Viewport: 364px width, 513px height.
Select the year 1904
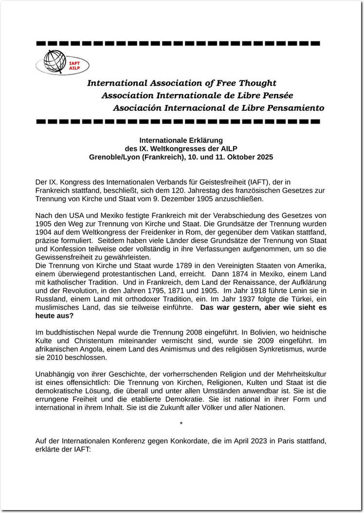44,232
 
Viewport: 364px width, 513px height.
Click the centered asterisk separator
181,425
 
